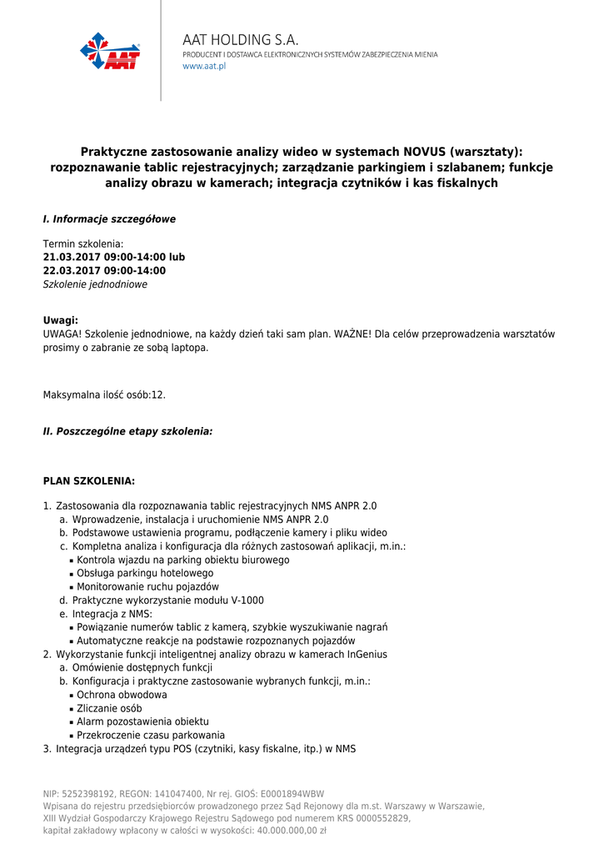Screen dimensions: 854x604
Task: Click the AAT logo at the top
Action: tap(110, 51)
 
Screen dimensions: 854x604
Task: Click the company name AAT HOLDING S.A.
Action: tap(240, 40)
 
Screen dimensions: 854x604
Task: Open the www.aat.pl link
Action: tap(204, 66)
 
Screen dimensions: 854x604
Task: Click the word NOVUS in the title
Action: tap(424, 152)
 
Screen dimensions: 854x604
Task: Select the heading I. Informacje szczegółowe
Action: tap(109, 219)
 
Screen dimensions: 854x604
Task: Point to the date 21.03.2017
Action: tap(71, 257)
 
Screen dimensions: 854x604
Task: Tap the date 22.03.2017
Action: tap(71, 270)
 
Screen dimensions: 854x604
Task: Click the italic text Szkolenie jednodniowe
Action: tap(95, 284)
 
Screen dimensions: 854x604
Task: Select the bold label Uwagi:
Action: tap(61, 320)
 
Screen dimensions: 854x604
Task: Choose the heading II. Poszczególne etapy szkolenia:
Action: tap(127, 432)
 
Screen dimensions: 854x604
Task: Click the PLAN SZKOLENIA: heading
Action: tap(88, 481)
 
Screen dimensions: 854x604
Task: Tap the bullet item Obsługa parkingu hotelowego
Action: tap(145, 573)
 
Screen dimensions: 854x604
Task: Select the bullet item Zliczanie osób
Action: tap(109, 708)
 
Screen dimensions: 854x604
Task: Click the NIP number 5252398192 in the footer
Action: tap(89, 794)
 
